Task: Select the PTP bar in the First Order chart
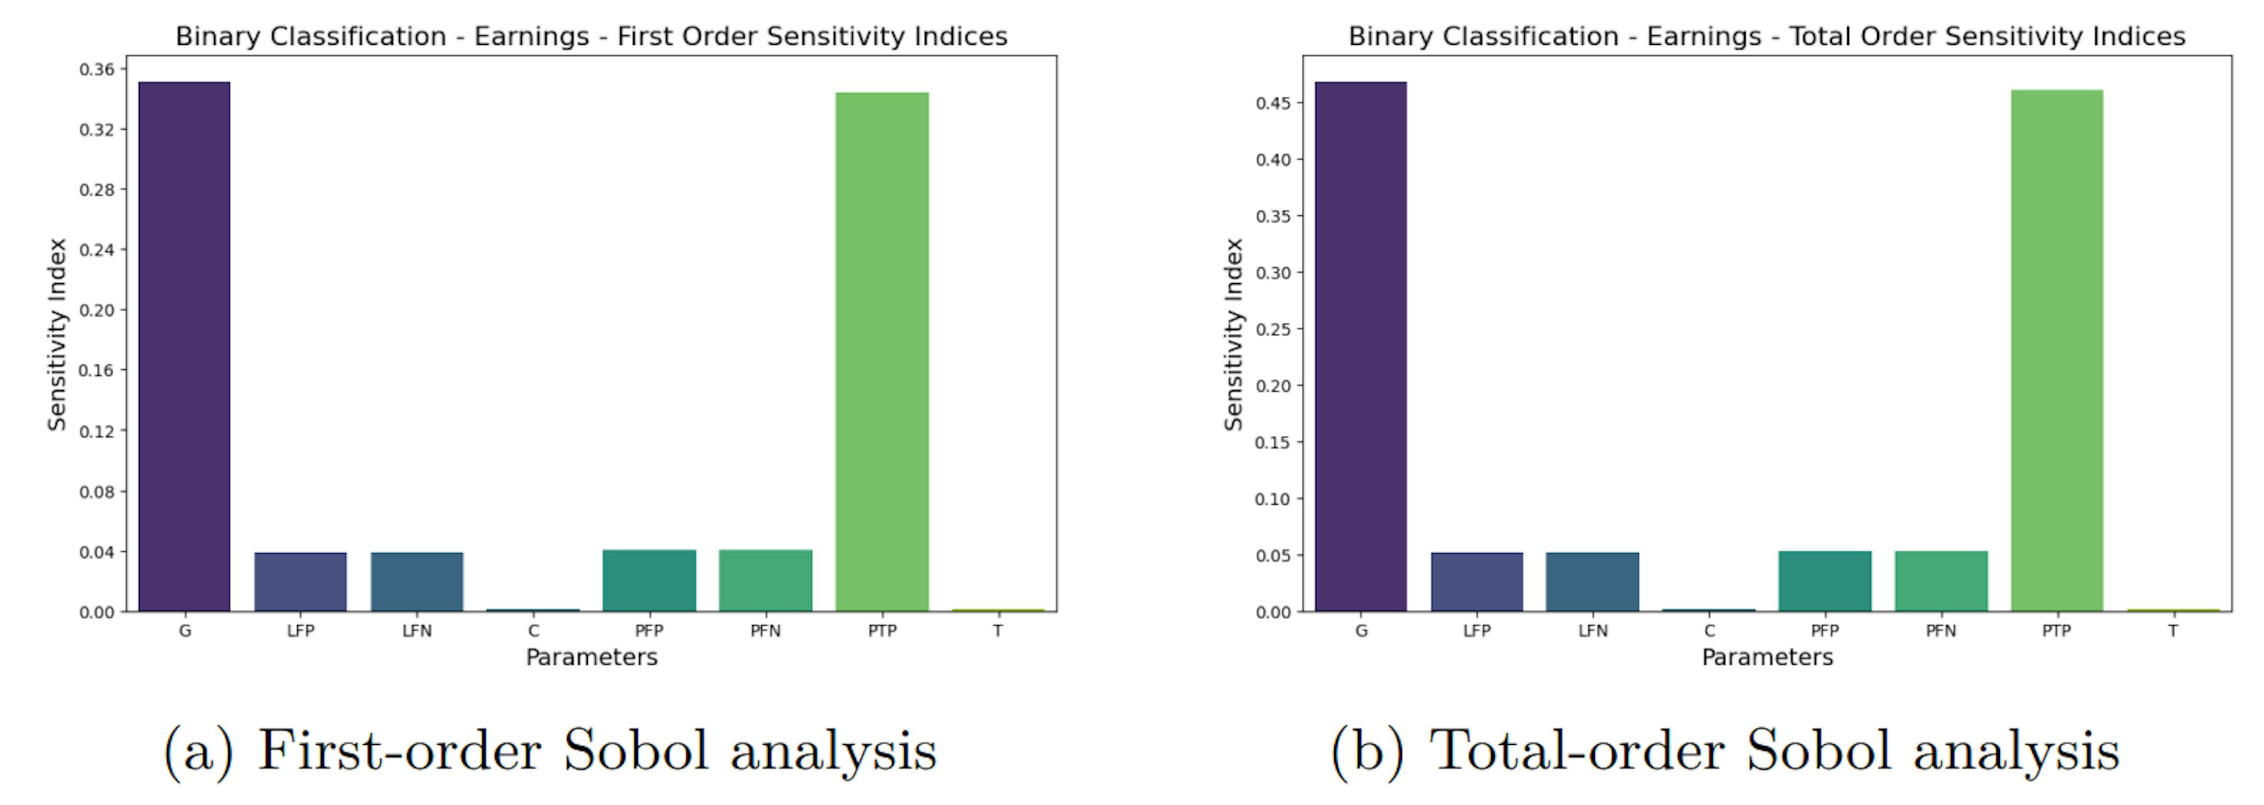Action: coord(881,351)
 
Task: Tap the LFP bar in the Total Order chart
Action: coord(1476,581)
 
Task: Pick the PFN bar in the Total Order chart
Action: coord(1940,580)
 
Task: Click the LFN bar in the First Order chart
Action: coord(417,581)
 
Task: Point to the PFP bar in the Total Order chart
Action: coord(1825,580)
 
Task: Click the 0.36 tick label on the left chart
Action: coord(97,70)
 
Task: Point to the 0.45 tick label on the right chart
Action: coord(1273,103)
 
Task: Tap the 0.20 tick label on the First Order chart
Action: coord(97,310)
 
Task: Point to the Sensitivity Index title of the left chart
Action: coord(57,334)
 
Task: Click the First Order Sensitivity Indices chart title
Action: coord(591,36)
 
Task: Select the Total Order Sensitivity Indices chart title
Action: coord(1766,36)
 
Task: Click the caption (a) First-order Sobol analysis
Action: coord(550,751)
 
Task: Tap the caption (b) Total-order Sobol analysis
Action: coord(1725,751)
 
